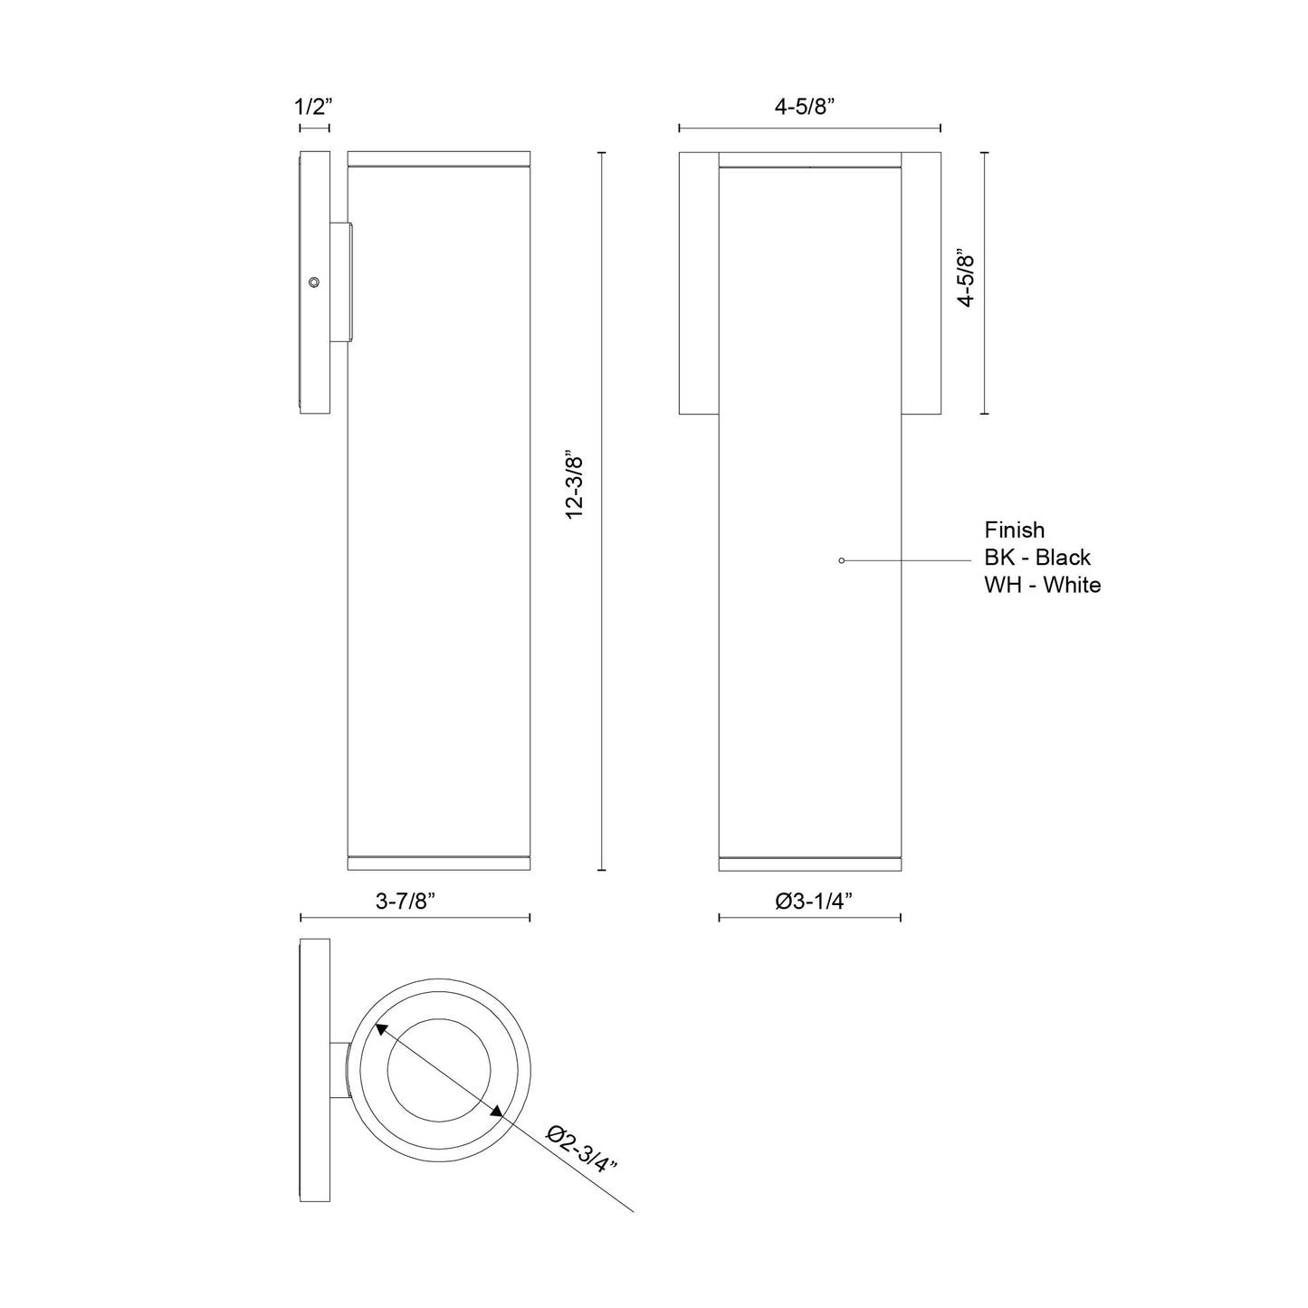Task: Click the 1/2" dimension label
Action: [x=314, y=107]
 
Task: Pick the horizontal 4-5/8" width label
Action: [x=804, y=107]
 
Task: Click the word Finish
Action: [x=1014, y=530]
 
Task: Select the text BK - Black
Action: [x=1037, y=558]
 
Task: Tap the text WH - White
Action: [x=1043, y=585]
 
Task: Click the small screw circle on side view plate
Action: [x=313, y=282]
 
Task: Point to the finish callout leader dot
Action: [x=842, y=561]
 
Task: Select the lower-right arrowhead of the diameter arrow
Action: [x=496, y=1112]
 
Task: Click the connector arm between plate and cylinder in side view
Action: [x=341, y=282]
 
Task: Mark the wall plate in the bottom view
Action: [x=315, y=1070]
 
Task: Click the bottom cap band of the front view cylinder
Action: [x=809, y=864]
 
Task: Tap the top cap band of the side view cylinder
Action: [x=438, y=159]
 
